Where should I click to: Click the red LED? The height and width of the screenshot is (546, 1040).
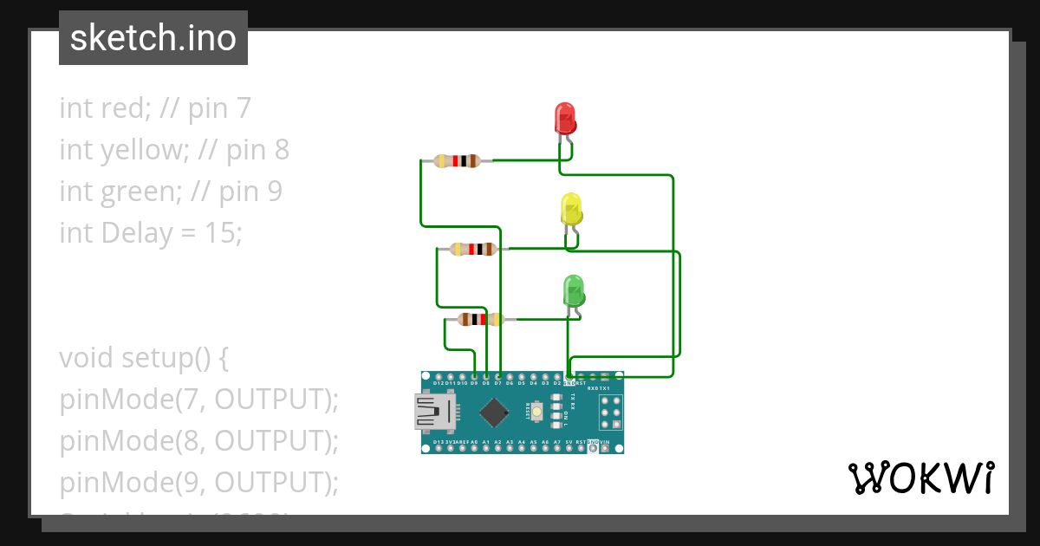[564, 118]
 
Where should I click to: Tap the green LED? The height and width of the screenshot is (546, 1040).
[574, 290]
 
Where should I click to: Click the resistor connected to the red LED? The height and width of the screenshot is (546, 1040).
[457, 160]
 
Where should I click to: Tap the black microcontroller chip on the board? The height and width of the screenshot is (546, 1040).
[493, 413]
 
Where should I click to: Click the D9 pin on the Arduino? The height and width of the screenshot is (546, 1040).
[474, 376]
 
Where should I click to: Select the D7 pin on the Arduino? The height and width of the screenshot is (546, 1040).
[498, 376]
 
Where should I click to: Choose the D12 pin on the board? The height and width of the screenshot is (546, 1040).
[439, 376]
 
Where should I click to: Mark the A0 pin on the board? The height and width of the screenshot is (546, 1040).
[474, 448]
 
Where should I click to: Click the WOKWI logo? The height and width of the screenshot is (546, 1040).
[920, 478]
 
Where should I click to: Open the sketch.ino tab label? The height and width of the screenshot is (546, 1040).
[153, 38]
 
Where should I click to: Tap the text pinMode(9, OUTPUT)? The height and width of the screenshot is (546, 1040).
[198, 483]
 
